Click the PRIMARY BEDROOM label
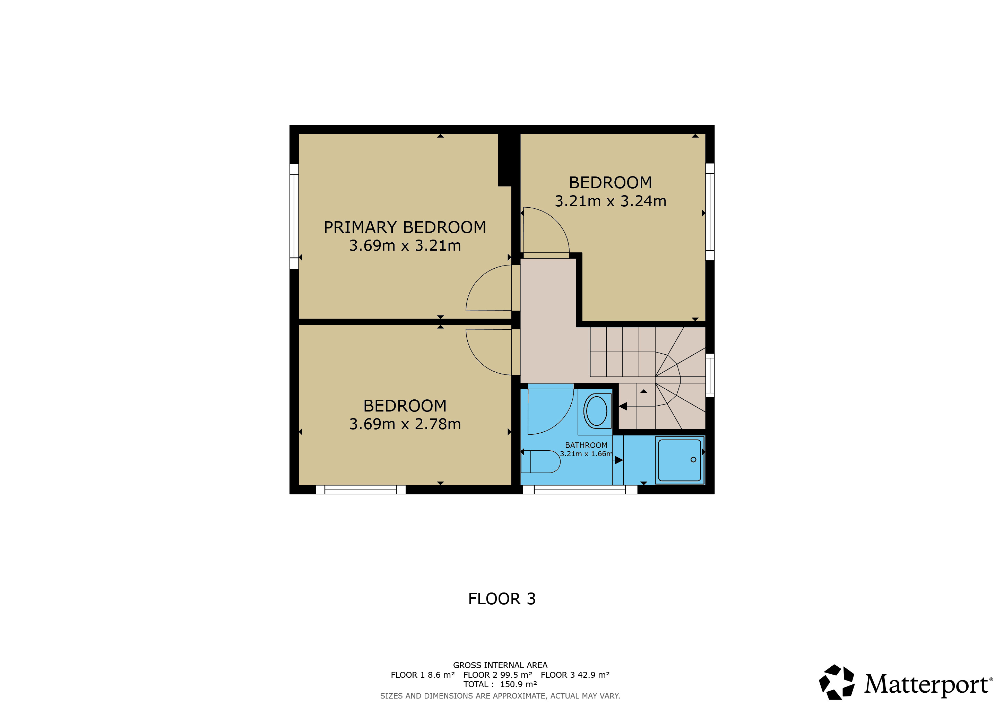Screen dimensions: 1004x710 (x=405, y=227)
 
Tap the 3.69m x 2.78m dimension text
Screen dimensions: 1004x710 (x=405, y=424)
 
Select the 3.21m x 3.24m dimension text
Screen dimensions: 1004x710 (x=611, y=201)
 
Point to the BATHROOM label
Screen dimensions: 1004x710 (x=586, y=445)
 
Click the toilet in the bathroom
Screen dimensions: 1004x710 (x=540, y=462)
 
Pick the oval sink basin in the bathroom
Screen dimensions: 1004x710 (x=596, y=411)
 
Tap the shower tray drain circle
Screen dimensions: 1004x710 (x=693, y=459)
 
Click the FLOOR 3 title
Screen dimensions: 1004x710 (x=502, y=598)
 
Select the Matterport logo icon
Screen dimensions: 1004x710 (x=837, y=682)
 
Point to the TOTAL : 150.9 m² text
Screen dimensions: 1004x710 (x=500, y=684)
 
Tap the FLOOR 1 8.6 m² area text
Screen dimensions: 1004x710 (x=422, y=675)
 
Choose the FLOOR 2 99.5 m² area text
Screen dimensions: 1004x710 (x=497, y=675)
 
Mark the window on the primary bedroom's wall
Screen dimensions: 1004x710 (x=294, y=216)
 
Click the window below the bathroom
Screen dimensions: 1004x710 (x=580, y=490)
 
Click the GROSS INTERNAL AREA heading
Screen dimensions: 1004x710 (x=500, y=665)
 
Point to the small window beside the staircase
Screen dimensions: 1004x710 (x=710, y=375)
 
